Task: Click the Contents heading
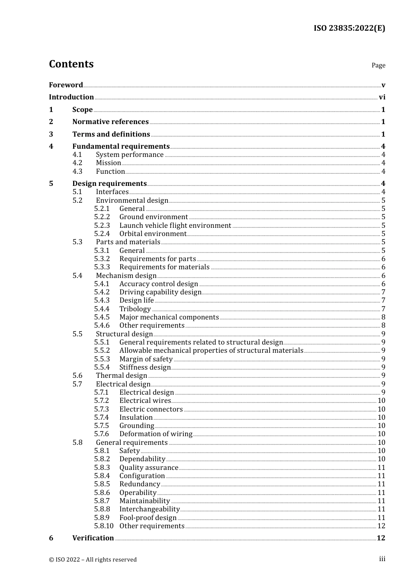point(71,64)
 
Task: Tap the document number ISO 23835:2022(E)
point(349,28)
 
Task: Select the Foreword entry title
point(66,85)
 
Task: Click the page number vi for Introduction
point(382,97)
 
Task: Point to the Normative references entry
point(110,122)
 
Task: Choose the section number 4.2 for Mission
point(77,163)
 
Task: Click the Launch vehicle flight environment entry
point(175,225)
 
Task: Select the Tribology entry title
point(135,309)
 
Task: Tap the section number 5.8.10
point(103,526)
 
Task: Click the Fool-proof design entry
point(148,517)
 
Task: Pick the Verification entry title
point(93,538)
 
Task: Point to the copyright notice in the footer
point(93,559)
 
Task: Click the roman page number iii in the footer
point(382,559)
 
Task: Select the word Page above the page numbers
point(378,65)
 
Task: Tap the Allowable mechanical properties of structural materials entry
point(211,351)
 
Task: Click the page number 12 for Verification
point(381,538)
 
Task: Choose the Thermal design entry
point(122,376)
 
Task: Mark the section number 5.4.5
point(102,317)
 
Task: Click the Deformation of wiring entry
point(156,434)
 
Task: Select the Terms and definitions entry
point(111,134)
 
